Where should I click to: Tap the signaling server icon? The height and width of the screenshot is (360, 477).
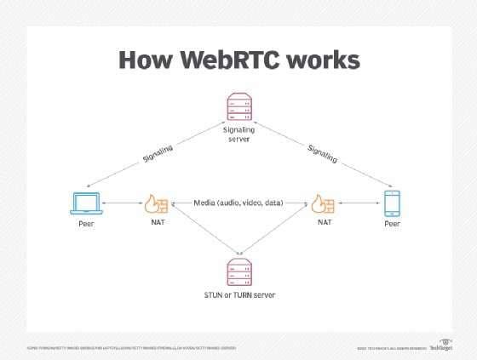(x=238, y=107)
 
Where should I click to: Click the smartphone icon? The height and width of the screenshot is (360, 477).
(x=392, y=203)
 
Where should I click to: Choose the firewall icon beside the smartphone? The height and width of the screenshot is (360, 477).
(x=322, y=204)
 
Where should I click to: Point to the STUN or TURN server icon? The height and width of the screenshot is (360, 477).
(x=238, y=271)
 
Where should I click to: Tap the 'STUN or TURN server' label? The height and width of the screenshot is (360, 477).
(x=238, y=294)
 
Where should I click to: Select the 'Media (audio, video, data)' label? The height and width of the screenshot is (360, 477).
(x=238, y=203)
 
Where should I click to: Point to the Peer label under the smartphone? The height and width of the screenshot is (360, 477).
(x=392, y=226)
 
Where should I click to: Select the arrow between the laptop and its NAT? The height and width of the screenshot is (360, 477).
(x=120, y=204)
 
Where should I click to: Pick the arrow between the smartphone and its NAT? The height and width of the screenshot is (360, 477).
(x=358, y=204)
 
